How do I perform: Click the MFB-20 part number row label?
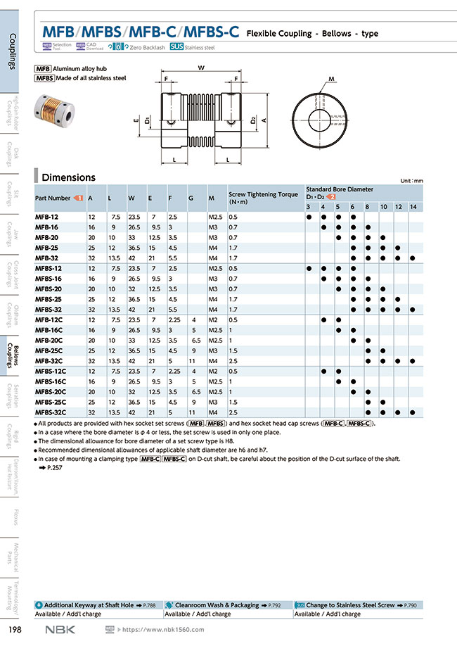(x=48, y=238)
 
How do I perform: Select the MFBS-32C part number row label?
(x=51, y=412)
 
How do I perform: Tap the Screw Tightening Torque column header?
(x=263, y=194)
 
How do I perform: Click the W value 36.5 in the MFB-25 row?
(x=134, y=248)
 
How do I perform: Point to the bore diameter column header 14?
(x=412, y=206)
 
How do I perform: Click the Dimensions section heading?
(x=68, y=177)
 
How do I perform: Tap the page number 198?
(x=12, y=628)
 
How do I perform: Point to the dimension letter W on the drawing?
(x=201, y=68)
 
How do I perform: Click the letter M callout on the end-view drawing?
(x=330, y=80)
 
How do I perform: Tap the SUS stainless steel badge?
(x=176, y=47)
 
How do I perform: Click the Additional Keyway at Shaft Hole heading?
(x=89, y=605)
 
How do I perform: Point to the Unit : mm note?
(x=411, y=181)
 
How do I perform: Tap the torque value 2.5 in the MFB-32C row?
(x=233, y=361)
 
